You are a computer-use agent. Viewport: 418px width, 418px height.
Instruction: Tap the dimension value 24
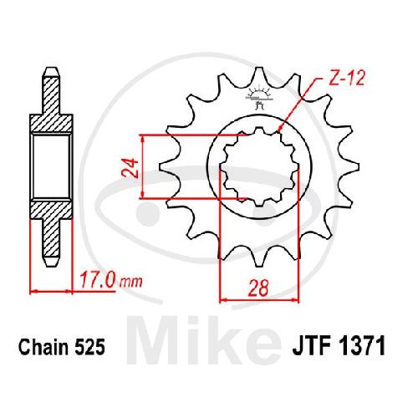130,168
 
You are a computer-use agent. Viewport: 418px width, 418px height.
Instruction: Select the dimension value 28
259,288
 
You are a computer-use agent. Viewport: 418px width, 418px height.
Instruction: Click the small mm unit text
131,282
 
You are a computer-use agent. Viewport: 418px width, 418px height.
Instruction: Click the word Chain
43,347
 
